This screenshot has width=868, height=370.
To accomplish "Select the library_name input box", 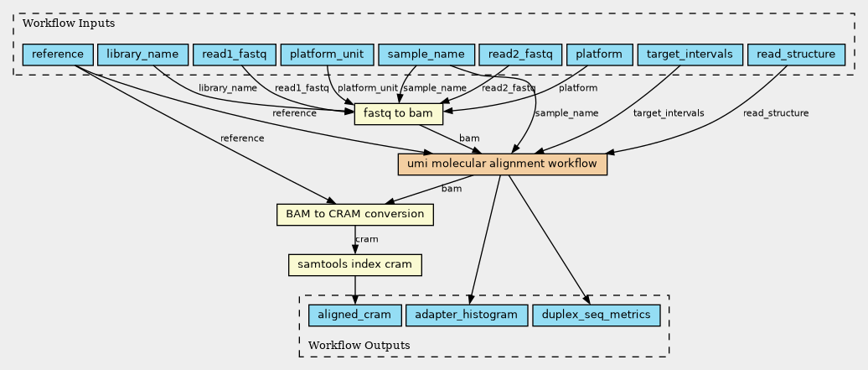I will click(142, 55).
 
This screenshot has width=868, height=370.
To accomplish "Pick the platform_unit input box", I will click(326, 55).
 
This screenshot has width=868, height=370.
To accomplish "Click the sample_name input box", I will click(426, 55).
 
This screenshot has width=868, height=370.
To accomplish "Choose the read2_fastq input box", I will click(519, 55).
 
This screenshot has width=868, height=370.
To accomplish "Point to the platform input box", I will click(599, 55).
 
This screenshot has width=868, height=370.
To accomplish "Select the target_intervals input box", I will click(690, 55).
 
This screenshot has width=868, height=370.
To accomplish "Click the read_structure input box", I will click(795, 55).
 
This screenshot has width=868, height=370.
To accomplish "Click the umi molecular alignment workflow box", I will click(502, 164).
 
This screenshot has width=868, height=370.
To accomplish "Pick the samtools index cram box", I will click(355, 265).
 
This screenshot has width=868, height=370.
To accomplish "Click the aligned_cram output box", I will click(355, 315).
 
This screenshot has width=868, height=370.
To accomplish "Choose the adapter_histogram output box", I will click(467, 315).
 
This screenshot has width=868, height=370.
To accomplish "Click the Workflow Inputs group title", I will click(57, 23).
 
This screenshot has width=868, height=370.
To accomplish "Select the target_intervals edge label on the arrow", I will click(669, 113).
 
